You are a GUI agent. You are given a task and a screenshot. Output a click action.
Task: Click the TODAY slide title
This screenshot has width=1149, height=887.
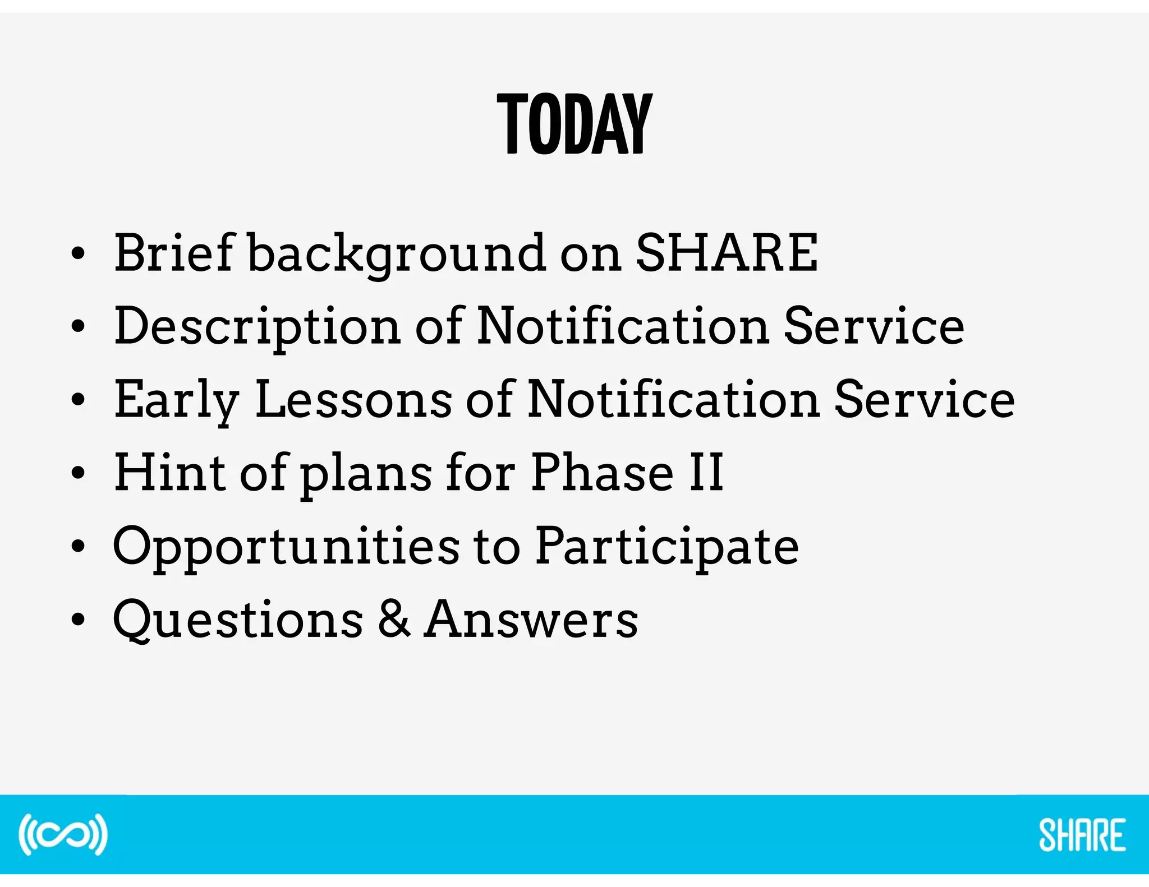point(574,124)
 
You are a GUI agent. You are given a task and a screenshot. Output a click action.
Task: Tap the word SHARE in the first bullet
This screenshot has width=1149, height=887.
point(727,253)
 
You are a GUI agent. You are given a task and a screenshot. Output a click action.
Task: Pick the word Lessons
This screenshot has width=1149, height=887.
point(353,399)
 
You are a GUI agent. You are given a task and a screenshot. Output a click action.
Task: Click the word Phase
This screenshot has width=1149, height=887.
point(602,473)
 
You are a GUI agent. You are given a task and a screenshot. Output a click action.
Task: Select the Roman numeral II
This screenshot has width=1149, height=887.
point(706,473)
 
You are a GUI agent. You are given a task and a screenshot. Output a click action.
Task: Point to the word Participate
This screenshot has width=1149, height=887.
point(667,547)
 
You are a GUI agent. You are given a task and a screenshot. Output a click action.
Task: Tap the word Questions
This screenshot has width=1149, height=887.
point(238,620)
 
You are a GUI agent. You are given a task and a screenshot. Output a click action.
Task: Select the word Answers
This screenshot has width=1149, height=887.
point(531,619)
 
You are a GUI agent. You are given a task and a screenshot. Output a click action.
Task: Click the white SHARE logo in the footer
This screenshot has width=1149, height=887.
point(1082,835)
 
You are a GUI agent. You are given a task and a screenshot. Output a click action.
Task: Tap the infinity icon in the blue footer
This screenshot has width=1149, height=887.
point(63,834)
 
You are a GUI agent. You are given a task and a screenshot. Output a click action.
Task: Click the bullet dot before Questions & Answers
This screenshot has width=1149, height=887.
point(78,620)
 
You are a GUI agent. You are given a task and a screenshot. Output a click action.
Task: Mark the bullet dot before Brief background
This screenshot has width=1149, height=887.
point(78,254)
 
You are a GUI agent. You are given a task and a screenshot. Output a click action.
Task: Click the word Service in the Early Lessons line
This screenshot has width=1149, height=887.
point(925,399)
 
